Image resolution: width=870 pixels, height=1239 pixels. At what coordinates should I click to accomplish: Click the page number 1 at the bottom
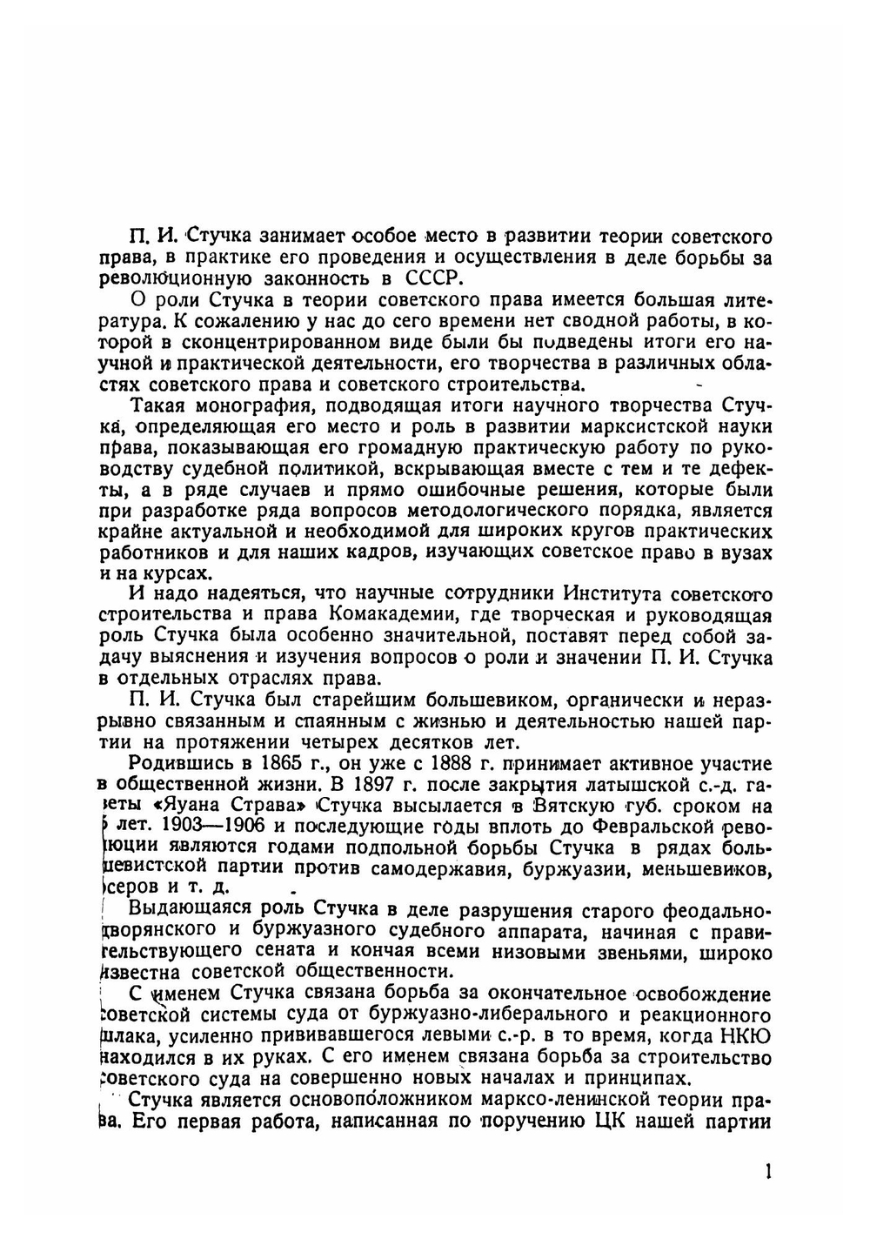click(767, 1171)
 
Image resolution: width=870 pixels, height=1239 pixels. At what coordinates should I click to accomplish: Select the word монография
click(250, 405)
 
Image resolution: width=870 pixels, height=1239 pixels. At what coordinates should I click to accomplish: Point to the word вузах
click(747, 553)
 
